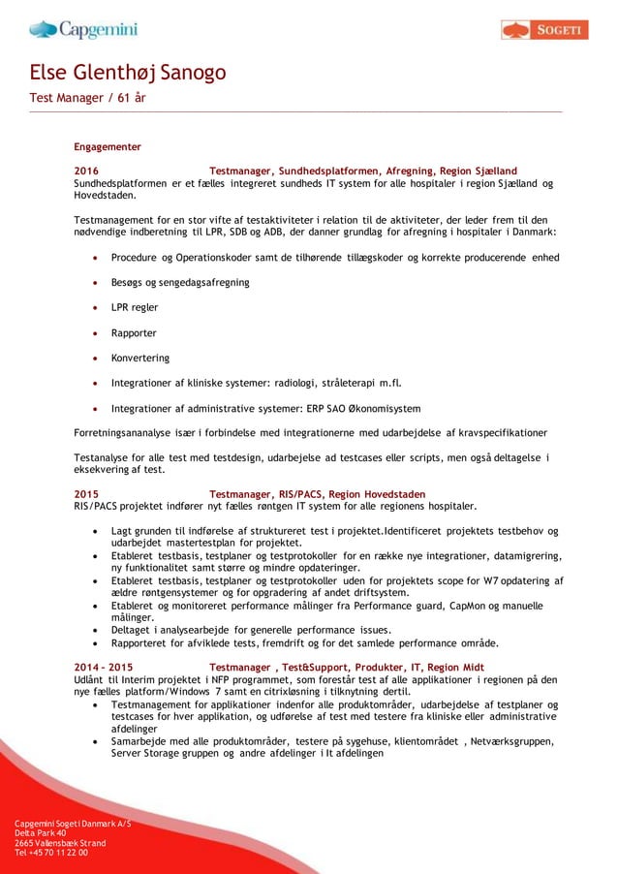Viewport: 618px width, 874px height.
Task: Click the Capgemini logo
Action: point(83,29)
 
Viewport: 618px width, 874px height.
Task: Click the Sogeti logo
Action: point(544,30)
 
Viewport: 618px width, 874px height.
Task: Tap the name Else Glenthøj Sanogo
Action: point(128,73)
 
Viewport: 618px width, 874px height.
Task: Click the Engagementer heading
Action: point(108,146)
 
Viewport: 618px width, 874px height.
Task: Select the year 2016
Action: point(86,171)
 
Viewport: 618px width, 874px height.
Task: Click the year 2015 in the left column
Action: point(86,494)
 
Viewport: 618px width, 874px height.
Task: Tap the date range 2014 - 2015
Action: point(104,668)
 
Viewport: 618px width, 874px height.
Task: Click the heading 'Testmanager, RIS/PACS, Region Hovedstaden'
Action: point(317,494)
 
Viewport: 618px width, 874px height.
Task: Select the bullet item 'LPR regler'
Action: point(135,307)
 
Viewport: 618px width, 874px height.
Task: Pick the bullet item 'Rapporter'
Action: point(134,332)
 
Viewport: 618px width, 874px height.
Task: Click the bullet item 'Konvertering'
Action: point(140,358)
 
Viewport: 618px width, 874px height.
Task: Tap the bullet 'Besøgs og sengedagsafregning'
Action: point(180,282)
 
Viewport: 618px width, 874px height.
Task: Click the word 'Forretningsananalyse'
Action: point(125,432)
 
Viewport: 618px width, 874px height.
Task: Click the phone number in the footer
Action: point(51,853)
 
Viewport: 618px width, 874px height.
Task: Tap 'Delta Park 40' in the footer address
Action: point(41,832)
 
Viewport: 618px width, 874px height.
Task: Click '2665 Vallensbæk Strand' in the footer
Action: point(60,843)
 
